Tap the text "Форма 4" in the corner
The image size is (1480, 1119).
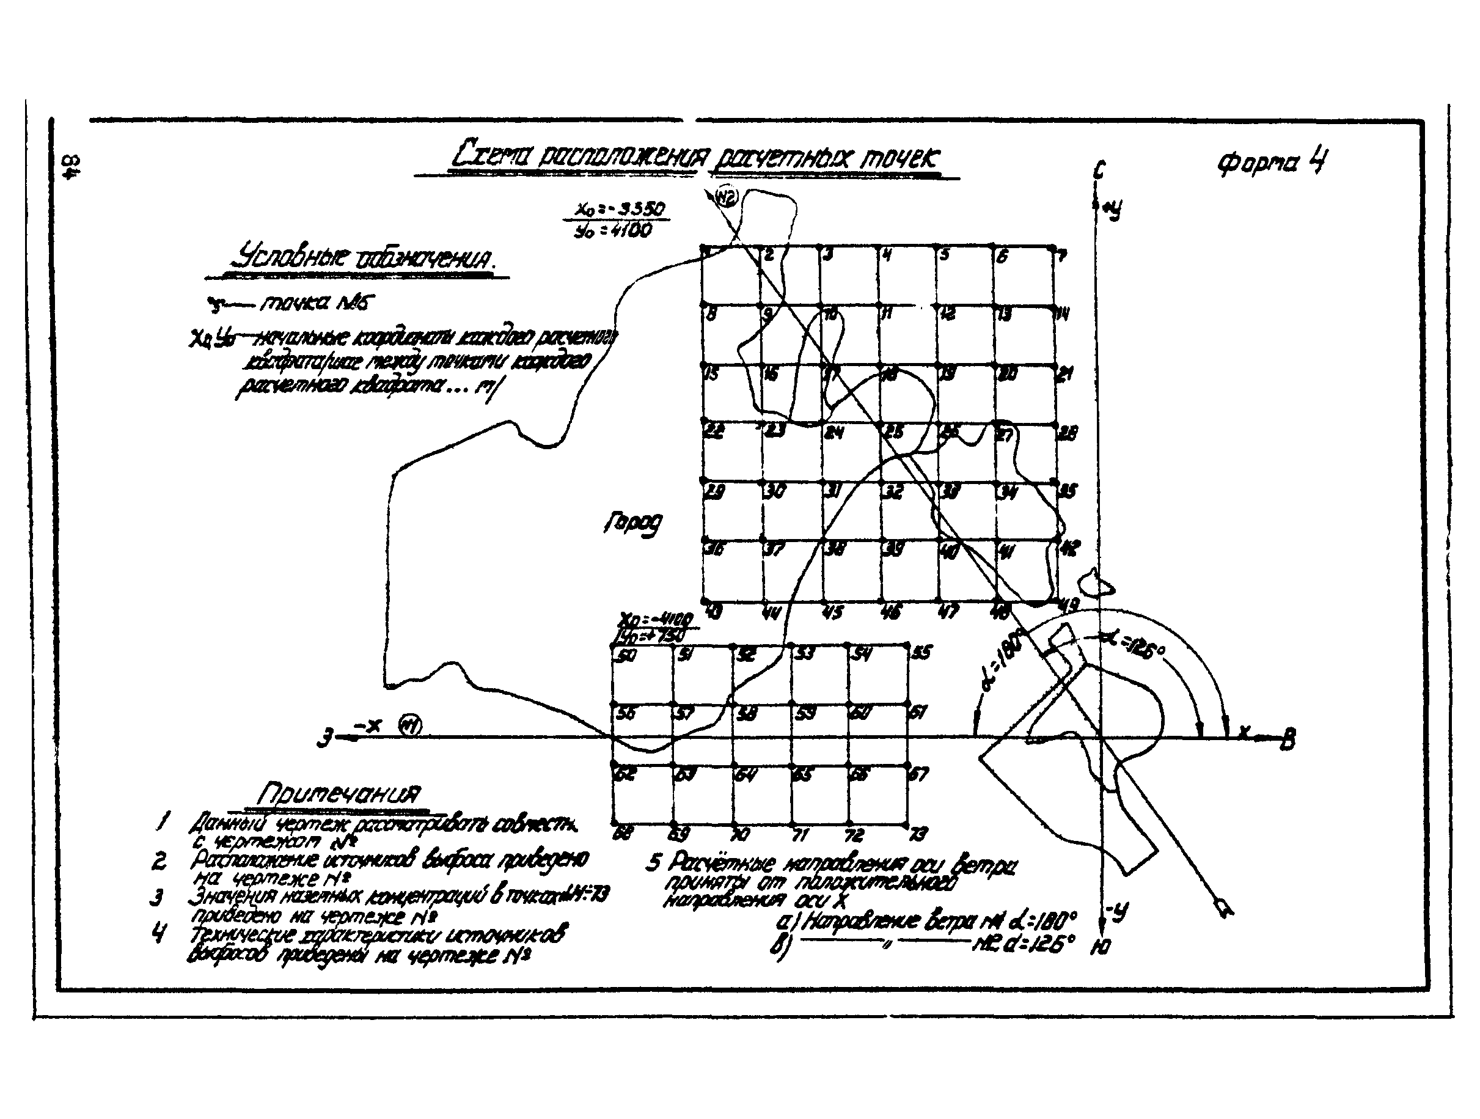pyautogui.click(x=1272, y=163)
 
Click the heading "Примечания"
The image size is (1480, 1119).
pyautogui.click(x=339, y=794)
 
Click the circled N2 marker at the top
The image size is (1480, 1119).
pyautogui.click(x=725, y=197)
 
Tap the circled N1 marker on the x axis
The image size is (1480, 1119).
pyautogui.click(x=409, y=725)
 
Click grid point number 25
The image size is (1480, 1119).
pyautogui.click(x=894, y=432)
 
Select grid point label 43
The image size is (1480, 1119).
pyautogui.click(x=713, y=612)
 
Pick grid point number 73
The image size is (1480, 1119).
pyautogui.click(x=918, y=834)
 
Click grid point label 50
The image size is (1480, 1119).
pyautogui.click(x=626, y=656)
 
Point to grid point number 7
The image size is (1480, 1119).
pyautogui.click(x=1061, y=255)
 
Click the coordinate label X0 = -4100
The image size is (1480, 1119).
pyautogui.click(x=656, y=618)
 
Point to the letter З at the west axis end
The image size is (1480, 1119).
pyautogui.click(x=326, y=739)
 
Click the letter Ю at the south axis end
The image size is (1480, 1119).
pyautogui.click(x=1101, y=946)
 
